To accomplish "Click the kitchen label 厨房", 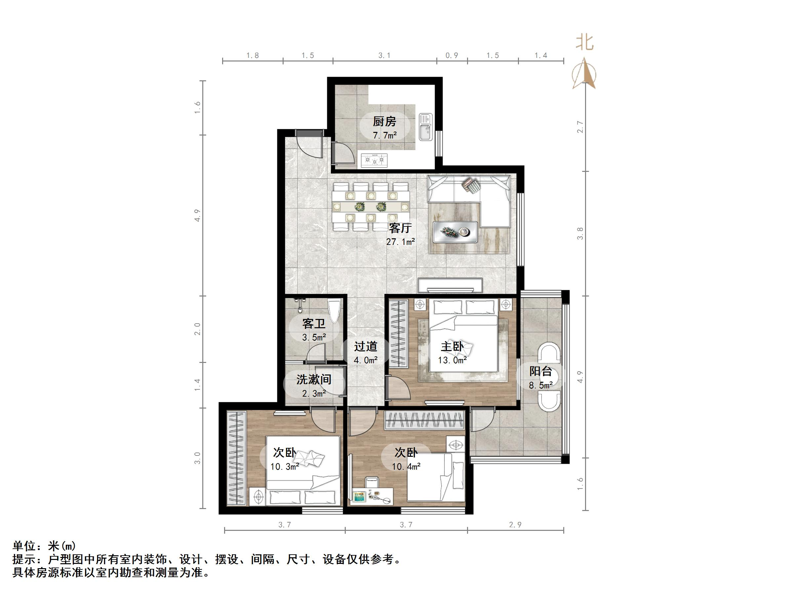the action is pos(384,122).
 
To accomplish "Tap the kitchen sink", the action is pos(425,127).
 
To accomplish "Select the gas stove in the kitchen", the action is pos(374,160).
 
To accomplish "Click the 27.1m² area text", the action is pos(400,242).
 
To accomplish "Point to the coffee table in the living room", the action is pos(455,232).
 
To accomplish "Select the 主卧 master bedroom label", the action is pos(452,347).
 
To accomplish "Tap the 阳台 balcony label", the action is pos(540,371).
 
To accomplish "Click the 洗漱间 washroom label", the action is pos(314,379).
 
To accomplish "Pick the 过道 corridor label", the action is pos(366,346).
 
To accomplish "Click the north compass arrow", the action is pos(584,73).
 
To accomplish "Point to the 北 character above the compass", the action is pos(585,42).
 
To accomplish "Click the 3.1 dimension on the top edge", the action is pos(384,55).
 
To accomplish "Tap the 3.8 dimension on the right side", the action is pos(580,233).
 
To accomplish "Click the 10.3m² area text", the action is pos(284,466).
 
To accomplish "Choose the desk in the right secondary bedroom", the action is pos(372,496).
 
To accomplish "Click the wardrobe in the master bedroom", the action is pos(398,334).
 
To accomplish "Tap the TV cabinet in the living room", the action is pos(450,285).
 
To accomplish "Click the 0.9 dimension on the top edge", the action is pos(452,55).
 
